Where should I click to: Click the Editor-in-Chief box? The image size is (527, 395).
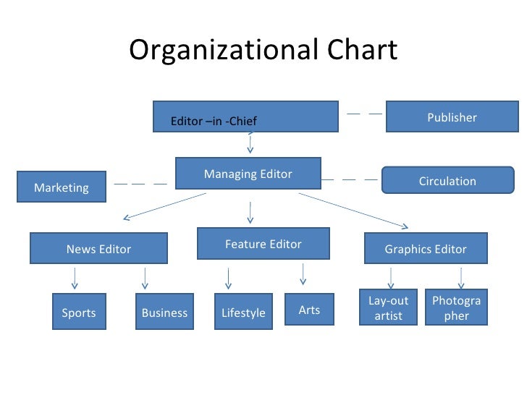pyautogui.click(x=245, y=116)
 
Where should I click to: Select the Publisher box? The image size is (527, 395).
pyautogui.click(x=452, y=116)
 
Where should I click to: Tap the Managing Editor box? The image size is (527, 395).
pyautogui.click(x=248, y=174)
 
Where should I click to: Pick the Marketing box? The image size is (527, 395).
pyautogui.click(x=62, y=187)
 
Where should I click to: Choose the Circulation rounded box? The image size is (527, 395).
pyautogui.click(x=447, y=181)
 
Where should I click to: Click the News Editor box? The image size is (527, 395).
pyautogui.click(x=98, y=248)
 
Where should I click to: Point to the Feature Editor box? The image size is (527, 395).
pyautogui.click(x=263, y=244)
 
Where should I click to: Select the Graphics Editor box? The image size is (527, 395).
pyautogui.click(x=425, y=248)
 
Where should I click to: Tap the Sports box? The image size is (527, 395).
pyautogui.click(x=79, y=312)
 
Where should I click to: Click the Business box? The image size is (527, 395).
pyautogui.click(x=164, y=312)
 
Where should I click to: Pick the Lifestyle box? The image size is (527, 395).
pyautogui.click(x=243, y=312)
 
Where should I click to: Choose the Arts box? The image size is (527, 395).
pyautogui.click(x=309, y=309)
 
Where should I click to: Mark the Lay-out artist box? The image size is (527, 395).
pyautogui.click(x=389, y=307)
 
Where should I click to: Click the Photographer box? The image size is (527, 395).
pyautogui.click(x=456, y=307)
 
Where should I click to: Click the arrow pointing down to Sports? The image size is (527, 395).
pyautogui.click(x=74, y=278)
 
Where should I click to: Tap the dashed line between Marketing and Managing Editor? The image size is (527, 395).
pyautogui.click(x=140, y=184)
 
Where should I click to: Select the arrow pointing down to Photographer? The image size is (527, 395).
pyautogui.click(x=460, y=278)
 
